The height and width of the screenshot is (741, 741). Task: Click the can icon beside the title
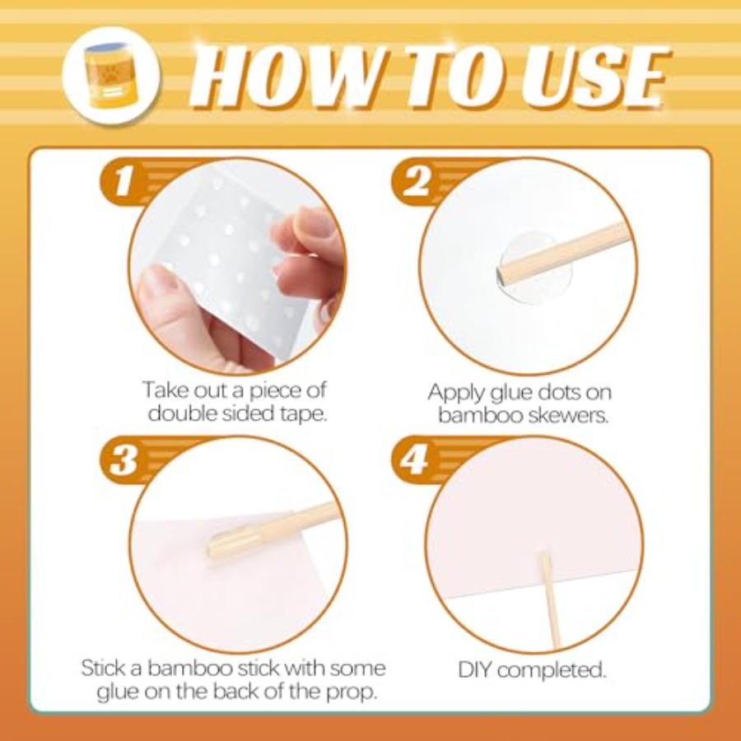(111, 75)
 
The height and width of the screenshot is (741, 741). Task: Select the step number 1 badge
(123, 181)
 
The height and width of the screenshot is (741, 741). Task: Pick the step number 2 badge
(416, 181)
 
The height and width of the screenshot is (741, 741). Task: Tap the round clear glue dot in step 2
(535, 267)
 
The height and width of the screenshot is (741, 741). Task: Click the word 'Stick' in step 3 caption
(104, 669)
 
